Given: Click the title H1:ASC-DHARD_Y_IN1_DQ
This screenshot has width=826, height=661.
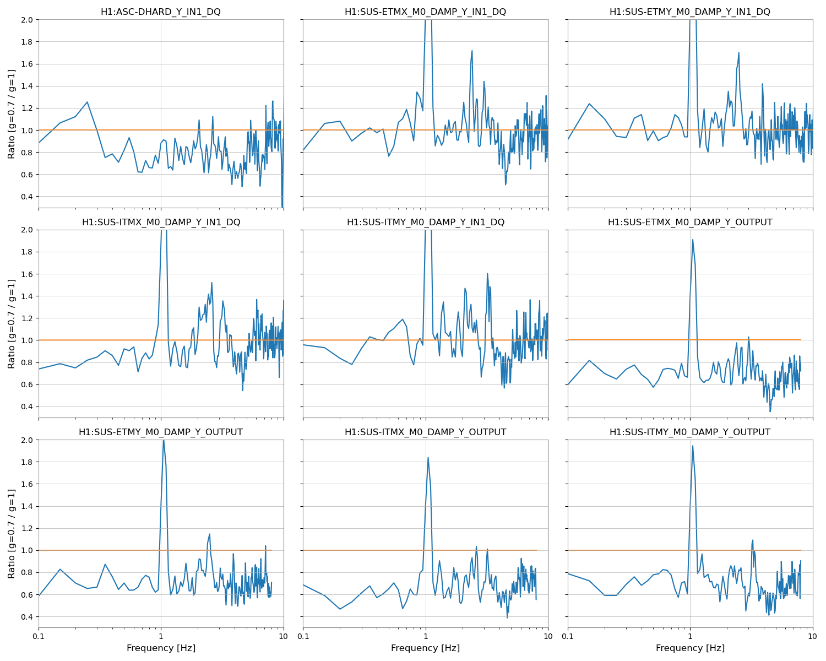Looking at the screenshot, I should click(161, 12).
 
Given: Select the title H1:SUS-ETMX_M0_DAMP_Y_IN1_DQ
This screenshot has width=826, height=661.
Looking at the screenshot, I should click(425, 12).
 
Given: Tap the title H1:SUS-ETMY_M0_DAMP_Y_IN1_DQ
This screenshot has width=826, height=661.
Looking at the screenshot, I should click(690, 12).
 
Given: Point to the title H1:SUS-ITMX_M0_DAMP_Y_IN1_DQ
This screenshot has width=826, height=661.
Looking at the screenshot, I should click(161, 222).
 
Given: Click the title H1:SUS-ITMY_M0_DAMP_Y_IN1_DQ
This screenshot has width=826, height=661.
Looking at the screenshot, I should click(425, 222).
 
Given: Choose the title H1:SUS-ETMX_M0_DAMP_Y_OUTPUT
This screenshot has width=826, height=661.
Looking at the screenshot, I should click(690, 222).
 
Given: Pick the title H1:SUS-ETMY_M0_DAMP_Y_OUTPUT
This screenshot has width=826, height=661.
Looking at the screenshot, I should click(161, 432).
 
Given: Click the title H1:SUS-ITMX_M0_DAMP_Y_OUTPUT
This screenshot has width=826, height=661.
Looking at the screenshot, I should click(425, 432).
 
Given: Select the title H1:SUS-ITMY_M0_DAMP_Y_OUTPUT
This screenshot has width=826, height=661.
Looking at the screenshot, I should click(690, 432).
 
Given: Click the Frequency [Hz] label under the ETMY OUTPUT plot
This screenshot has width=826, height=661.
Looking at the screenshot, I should click(161, 648).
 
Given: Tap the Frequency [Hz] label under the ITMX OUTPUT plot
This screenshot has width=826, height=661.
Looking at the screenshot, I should click(425, 648).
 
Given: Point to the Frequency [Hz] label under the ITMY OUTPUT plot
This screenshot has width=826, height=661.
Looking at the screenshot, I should click(690, 648).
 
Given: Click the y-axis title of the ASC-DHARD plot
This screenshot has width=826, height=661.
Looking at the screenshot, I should click(12, 113).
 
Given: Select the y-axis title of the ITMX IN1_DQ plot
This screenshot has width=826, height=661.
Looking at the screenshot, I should click(12, 324).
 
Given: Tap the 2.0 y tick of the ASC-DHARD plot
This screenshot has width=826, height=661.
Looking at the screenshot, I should click(26, 20).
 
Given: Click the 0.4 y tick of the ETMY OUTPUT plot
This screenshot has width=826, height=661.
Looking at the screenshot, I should click(26, 617).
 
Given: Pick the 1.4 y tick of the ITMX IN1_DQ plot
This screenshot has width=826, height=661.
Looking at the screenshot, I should click(26, 296).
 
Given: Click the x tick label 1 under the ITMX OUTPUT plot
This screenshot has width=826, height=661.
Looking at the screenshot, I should click(426, 637).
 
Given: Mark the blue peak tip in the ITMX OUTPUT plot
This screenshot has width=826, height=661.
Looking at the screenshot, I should click(428, 457).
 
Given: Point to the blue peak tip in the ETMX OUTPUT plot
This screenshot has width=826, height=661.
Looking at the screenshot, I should click(692, 240).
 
